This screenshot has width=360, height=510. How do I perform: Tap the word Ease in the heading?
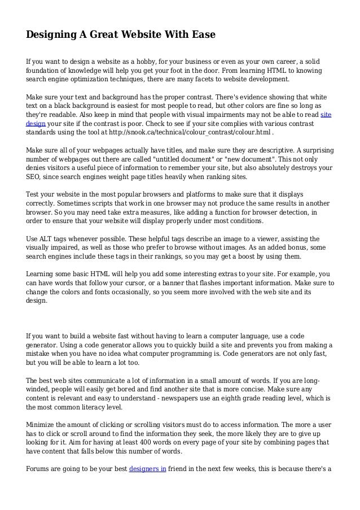coord(202,35)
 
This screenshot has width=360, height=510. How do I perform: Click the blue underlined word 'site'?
coord(326,114)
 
